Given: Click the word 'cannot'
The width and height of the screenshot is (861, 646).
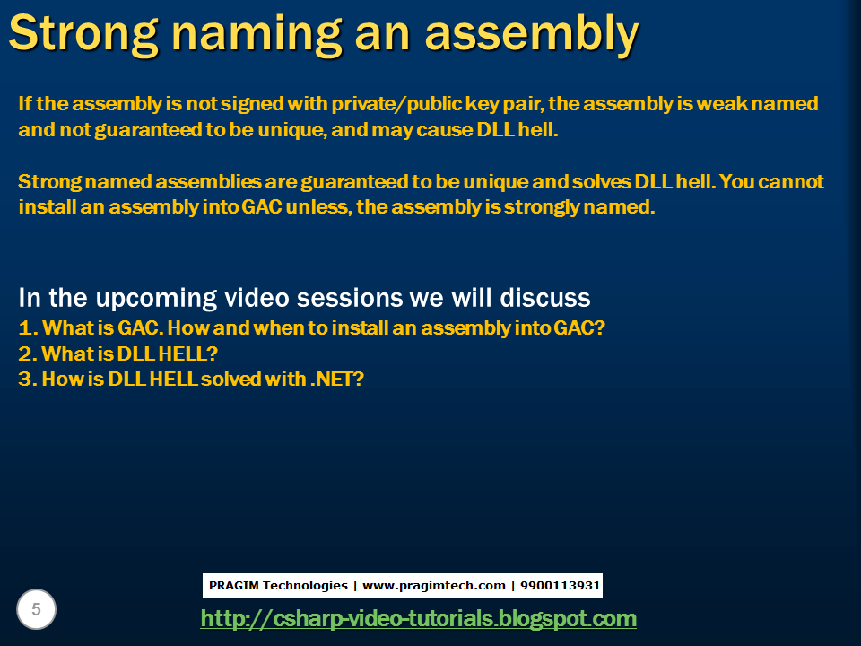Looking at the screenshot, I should click(789, 182).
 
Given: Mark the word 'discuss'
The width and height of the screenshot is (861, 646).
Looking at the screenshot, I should click(546, 298).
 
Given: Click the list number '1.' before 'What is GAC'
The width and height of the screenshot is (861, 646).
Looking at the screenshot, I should click(27, 328).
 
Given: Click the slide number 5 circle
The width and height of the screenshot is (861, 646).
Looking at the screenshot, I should click(36, 610).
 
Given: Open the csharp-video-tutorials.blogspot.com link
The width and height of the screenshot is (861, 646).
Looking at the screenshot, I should click(418, 618).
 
